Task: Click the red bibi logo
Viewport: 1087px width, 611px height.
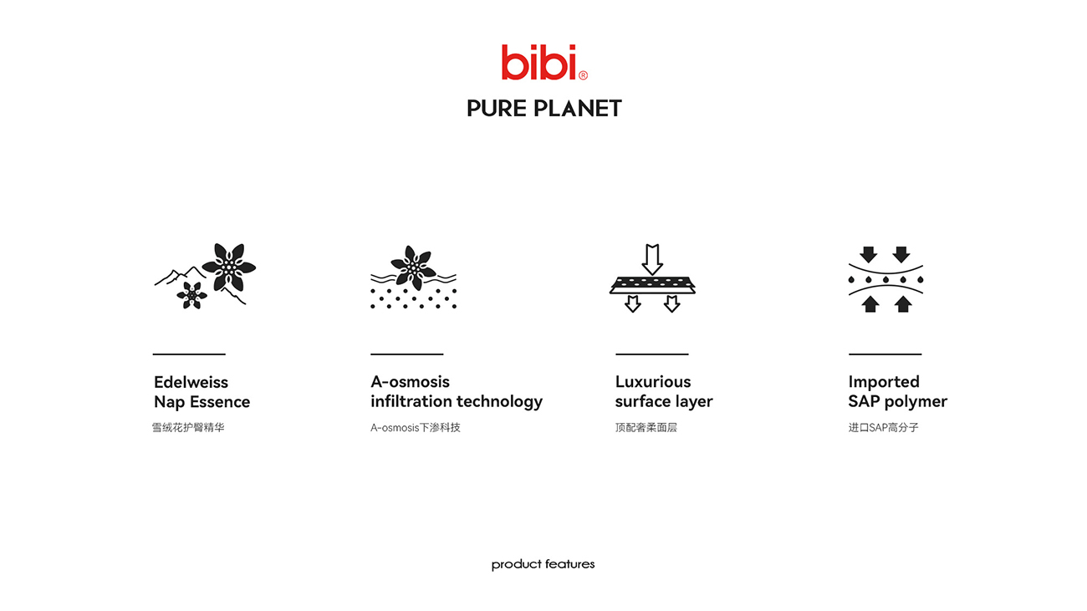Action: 544,62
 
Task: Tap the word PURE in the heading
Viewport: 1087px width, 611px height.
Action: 497,109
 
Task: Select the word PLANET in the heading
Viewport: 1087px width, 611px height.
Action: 578,109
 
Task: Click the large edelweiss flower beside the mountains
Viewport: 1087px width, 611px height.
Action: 228,267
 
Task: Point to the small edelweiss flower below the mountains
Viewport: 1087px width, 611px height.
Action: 191,295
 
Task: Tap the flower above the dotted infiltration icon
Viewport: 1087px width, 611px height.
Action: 413,267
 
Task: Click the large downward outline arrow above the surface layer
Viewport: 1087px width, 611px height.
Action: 652,259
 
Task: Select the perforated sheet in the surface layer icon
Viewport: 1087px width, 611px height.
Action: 652,285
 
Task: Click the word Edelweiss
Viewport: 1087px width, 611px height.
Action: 191,382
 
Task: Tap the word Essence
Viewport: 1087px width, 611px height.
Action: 219,402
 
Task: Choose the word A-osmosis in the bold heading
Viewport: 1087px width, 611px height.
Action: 410,382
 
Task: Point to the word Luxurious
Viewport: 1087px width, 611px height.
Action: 653,382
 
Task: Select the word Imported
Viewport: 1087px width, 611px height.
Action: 884,382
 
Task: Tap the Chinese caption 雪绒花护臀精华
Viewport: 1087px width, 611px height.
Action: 188,428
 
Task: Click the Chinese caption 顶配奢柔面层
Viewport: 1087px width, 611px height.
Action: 646,428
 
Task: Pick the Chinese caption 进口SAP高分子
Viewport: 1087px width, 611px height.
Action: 883,428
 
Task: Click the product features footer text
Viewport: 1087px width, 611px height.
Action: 543,564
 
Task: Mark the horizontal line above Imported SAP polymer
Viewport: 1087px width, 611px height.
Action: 885,354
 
